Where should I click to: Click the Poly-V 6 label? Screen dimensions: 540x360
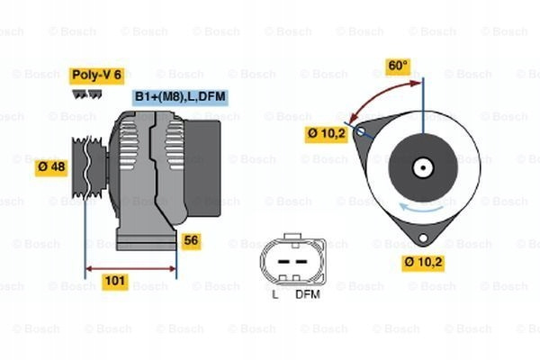(97, 76)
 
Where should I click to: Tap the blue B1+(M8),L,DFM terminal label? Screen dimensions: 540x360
(180, 97)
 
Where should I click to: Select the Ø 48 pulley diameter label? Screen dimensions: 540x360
(51, 167)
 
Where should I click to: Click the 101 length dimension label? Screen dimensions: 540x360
(114, 281)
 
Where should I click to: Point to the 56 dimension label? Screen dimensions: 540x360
(191, 240)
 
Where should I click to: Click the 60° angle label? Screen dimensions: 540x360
(398, 66)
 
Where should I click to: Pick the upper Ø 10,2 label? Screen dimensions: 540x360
(326, 134)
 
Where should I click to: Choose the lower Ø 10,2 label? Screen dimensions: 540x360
(423, 263)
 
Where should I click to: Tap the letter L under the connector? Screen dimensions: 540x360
(275, 294)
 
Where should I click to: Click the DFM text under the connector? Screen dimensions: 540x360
(308, 294)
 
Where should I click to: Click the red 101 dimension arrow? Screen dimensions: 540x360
(130, 268)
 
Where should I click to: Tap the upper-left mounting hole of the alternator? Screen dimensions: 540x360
(361, 131)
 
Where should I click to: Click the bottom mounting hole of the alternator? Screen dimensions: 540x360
(423, 238)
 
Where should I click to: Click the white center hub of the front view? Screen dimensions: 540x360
(423, 168)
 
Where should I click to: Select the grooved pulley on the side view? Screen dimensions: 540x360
(89, 167)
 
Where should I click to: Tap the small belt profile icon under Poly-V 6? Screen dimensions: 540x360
(87, 94)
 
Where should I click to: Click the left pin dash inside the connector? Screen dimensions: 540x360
(283, 262)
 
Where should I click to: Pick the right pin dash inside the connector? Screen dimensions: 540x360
(301, 262)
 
